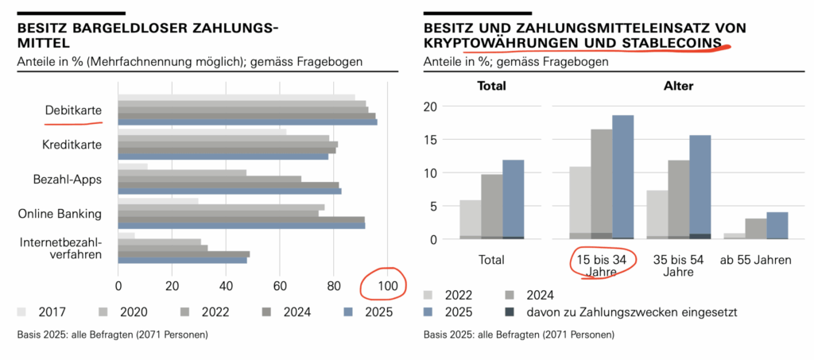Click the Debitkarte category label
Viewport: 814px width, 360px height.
tap(72, 111)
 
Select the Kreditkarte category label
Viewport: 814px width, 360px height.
tap(72, 145)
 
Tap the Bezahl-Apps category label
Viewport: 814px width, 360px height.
tap(72, 179)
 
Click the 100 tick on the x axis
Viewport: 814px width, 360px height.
tap(387, 285)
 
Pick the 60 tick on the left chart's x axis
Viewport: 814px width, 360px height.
tap(281, 285)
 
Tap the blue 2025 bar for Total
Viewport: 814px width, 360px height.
tap(513, 199)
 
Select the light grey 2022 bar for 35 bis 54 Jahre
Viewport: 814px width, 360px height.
tap(657, 215)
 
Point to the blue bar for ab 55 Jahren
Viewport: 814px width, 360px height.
tap(777, 225)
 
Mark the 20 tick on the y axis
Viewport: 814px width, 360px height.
tap(432, 106)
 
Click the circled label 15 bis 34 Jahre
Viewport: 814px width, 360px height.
tap(601, 265)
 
